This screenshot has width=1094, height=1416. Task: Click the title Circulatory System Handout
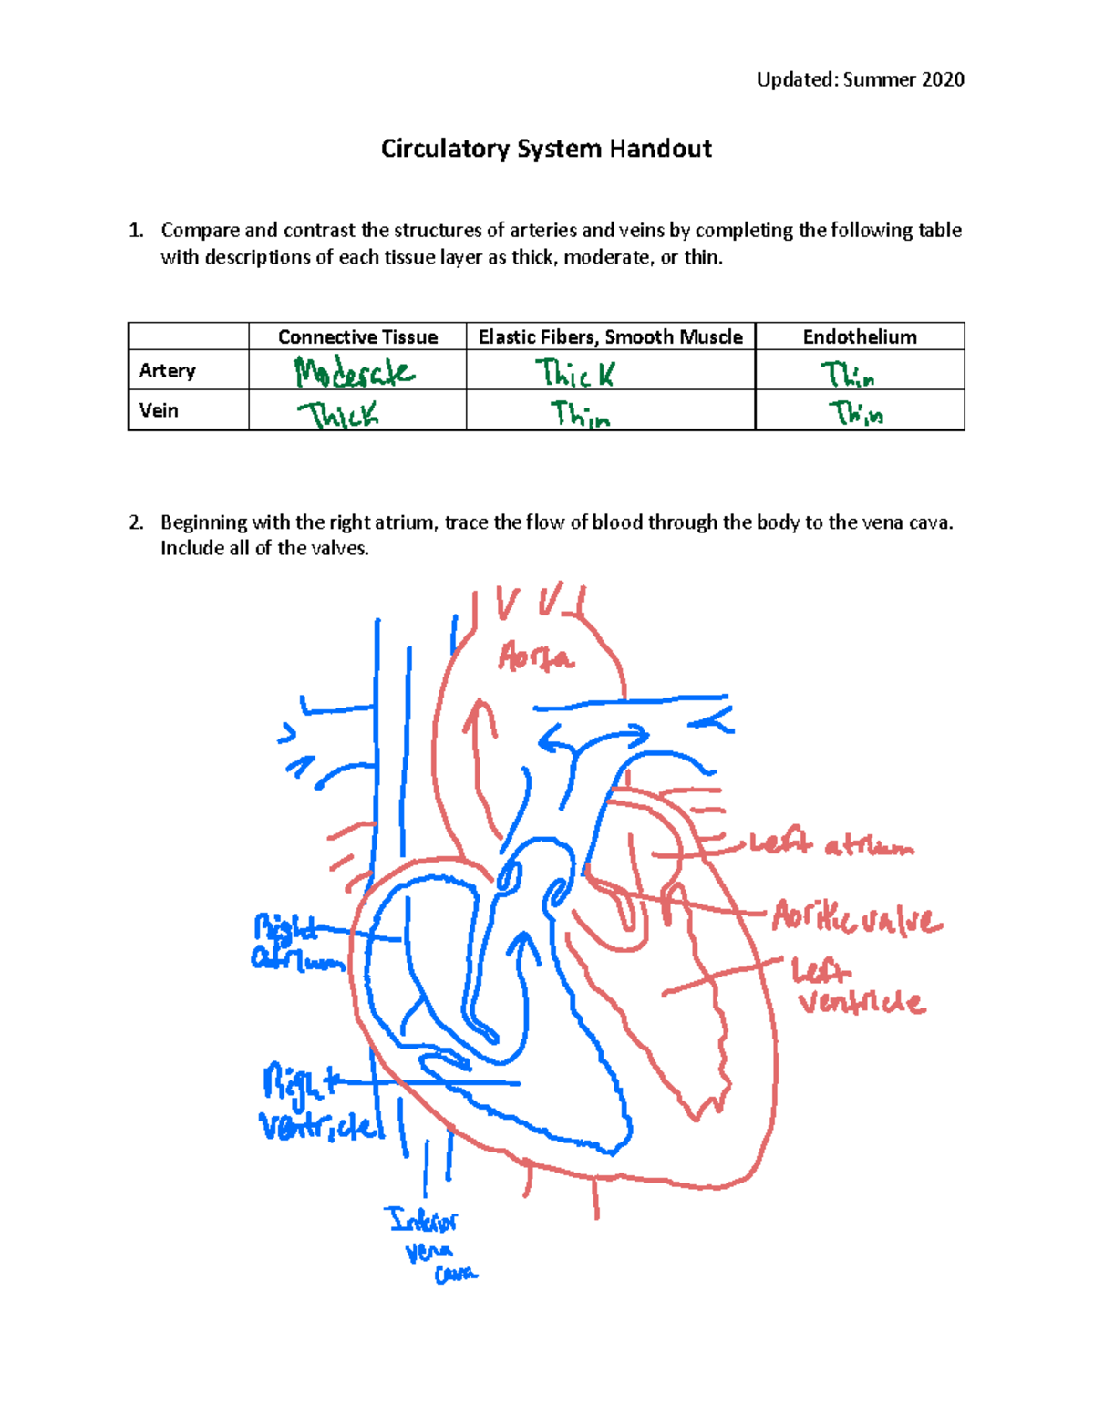546,149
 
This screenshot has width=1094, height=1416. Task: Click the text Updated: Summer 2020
860,80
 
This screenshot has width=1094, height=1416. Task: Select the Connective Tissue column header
357,337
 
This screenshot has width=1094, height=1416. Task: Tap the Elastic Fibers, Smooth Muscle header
610,337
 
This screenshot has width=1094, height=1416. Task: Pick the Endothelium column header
860,337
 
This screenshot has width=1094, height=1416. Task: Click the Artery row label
168,370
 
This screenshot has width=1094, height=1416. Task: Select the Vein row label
159,410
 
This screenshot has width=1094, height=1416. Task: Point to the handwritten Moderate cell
354,372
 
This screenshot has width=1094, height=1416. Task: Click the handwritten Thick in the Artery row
574,373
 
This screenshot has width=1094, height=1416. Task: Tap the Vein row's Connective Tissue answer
337,416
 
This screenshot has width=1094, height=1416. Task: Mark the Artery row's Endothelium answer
848,374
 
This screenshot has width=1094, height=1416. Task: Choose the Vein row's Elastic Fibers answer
580,415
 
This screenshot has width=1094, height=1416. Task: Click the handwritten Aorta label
536,657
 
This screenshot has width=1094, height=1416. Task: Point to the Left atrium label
831,845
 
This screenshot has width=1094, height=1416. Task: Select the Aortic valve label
857,917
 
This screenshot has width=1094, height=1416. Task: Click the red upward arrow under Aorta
479,739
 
